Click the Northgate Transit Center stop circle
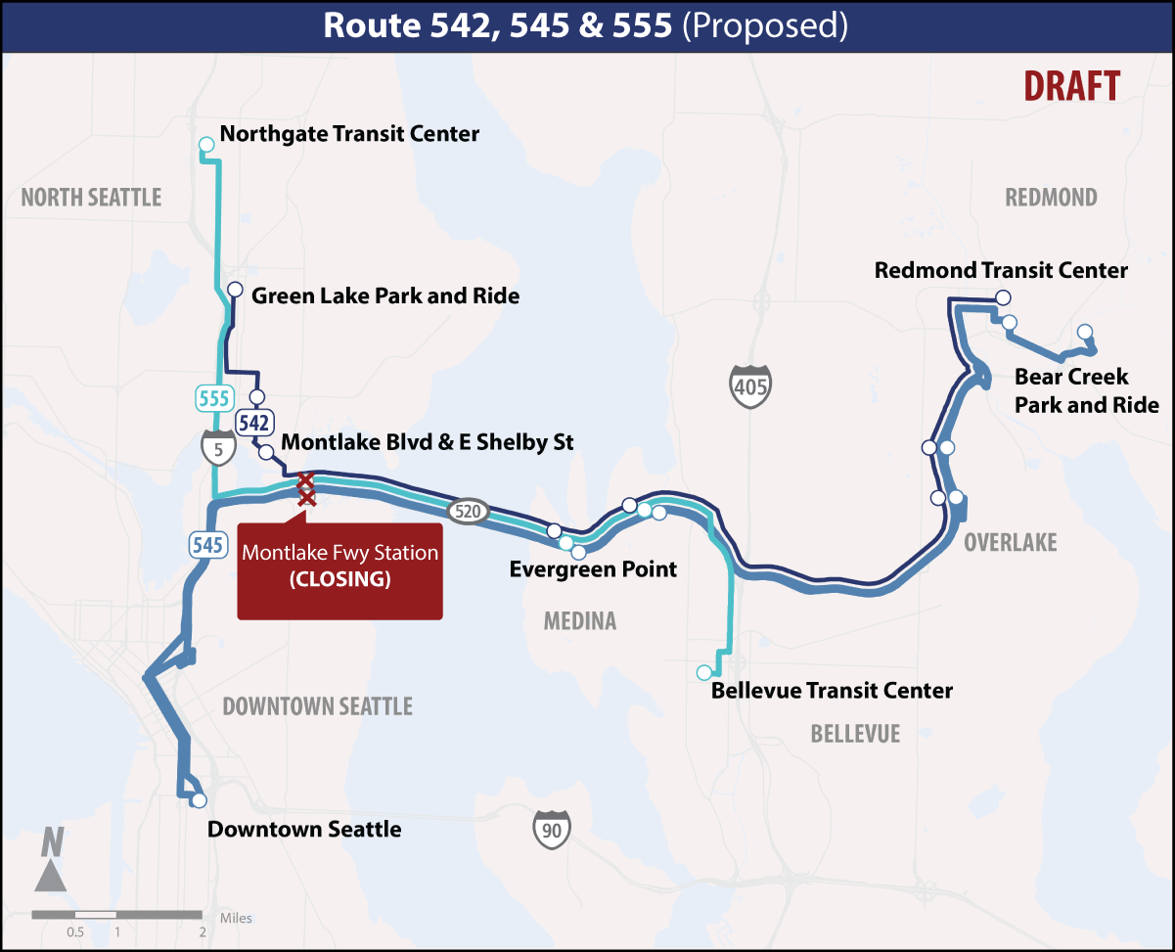pyautogui.click(x=206, y=145)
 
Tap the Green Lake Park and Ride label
pyautogui.click(x=385, y=295)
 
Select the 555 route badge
pyautogui.click(x=213, y=398)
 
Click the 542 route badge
pyautogui.click(x=254, y=423)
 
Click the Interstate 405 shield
pyautogui.click(x=750, y=385)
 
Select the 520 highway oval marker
pyautogui.click(x=467, y=510)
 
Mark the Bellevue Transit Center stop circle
pyautogui.click(x=703, y=672)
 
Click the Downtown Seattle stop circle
pyautogui.click(x=199, y=800)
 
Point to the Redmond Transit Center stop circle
pyautogui.click(x=1002, y=297)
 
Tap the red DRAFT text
pyautogui.click(x=1071, y=86)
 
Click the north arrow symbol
pyautogui.click(x=51, y=861)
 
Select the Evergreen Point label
pyautogui.click(x=593, y=568)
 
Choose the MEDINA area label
pyautogui.click(x=580, y=621)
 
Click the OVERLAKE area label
pyautogui.click(x=1010, y=542)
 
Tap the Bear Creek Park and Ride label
pyautogui.click(x=1086, y=390)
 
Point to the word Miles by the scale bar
pyautogui.click(x=236, y=918)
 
